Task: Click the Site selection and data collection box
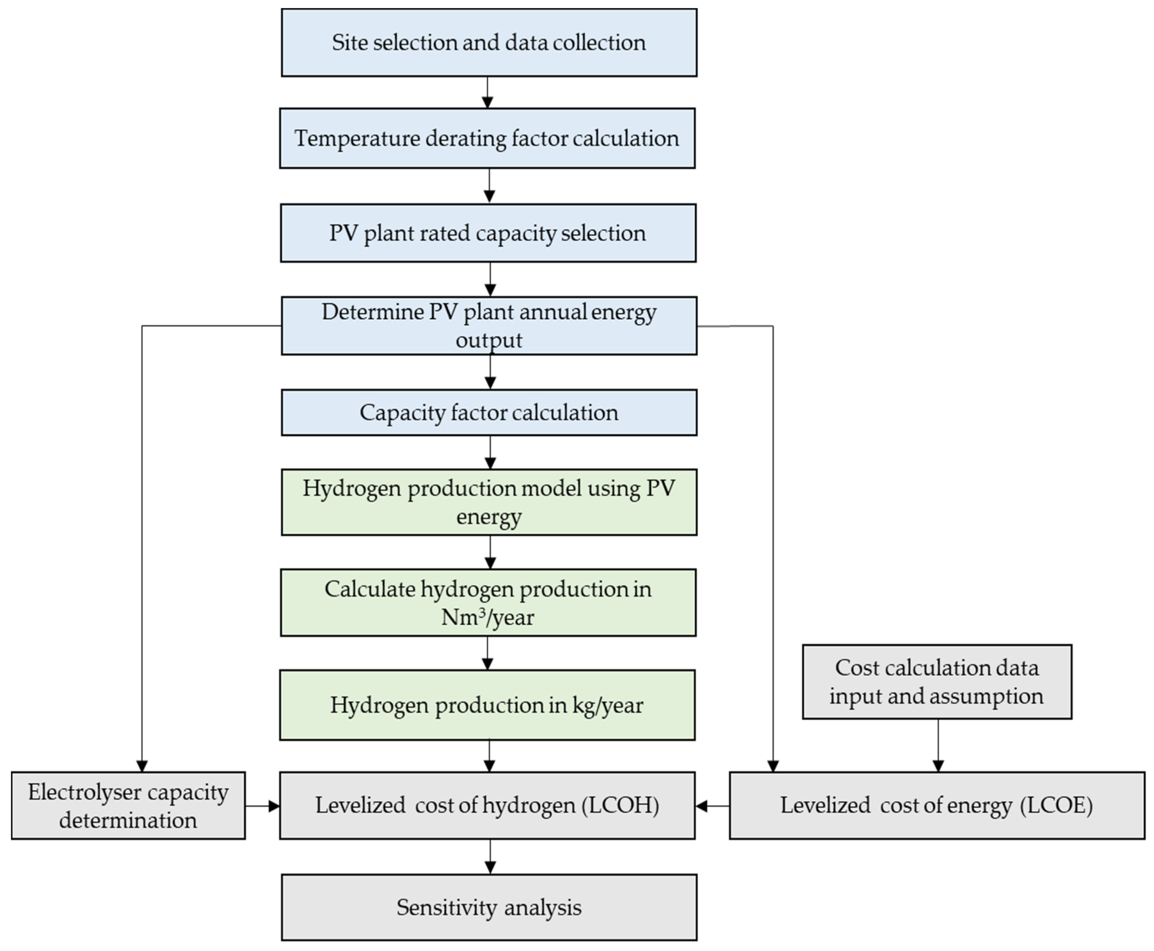(x=489, y=43)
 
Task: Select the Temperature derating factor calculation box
(x=487, y=138)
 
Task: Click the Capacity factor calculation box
(x=489, y=412)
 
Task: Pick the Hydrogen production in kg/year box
(x=487, y=705)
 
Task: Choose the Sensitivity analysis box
(x=489, y=907)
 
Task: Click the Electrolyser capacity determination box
(x=128, y=805)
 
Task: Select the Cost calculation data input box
(x=937, y=682)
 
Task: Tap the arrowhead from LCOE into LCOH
(x=701, y=806)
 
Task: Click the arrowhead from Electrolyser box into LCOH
(x=274, y=806)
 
